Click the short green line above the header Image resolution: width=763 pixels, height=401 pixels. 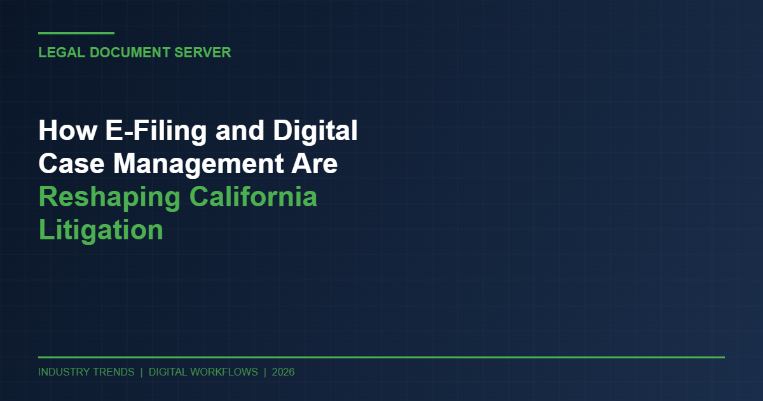coord(76,33)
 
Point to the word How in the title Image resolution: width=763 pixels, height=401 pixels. coord(60,131)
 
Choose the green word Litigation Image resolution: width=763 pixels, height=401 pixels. coord(101,230)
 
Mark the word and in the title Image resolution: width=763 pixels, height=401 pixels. coord(239,131)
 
